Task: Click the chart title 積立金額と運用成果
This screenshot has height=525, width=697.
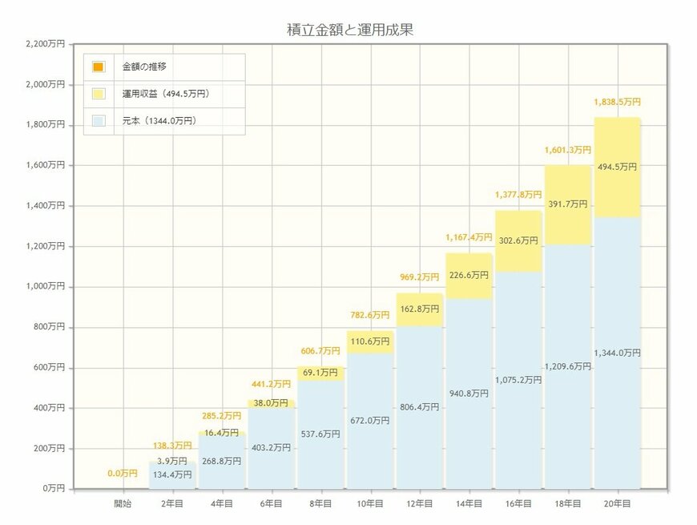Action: (349, 30)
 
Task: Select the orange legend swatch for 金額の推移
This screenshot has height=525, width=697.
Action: (99, 67)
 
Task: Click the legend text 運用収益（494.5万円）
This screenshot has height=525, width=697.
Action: (165, 94)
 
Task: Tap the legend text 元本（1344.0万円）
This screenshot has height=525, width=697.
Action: (159, 121)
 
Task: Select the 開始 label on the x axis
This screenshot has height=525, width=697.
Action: (123, 503)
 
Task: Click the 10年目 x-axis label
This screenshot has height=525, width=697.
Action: (370, 503)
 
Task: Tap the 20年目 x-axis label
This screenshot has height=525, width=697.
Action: (617, 503)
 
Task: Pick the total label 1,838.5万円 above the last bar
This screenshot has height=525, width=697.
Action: (617, 103)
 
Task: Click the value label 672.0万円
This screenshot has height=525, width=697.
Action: (370, 420)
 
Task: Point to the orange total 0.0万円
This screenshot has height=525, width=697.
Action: (123, 474)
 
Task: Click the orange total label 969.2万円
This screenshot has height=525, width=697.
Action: (419, 277)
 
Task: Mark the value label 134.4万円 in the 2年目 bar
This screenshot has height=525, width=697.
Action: (172, 475)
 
